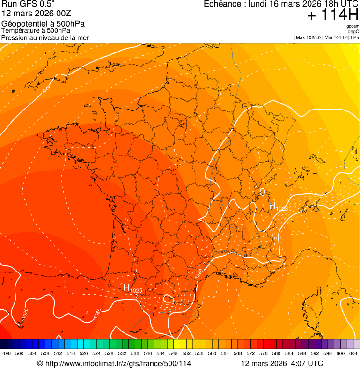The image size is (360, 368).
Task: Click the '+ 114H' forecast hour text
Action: (332, 15)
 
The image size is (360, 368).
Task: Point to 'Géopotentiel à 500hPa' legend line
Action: (43, 24)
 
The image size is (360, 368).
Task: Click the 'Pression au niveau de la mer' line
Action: (45, 37)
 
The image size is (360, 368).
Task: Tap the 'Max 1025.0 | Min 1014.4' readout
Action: (323, 37)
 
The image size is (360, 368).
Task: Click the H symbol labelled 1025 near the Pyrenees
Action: (126, 287)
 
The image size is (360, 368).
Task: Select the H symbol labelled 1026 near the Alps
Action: (272, 206)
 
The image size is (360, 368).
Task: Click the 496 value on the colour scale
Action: (7, 353)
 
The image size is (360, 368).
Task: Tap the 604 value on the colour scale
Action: (353, 353)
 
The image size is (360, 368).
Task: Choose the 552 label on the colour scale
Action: (186, 353)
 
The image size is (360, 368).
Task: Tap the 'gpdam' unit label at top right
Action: (353, 26)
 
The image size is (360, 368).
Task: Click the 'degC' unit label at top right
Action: (354, 31)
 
